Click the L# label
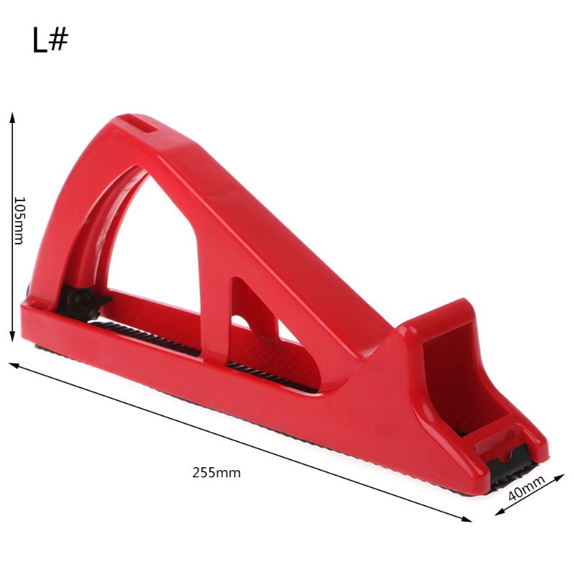[50, 41]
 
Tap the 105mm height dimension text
[19, 221]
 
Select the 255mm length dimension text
[216, 473]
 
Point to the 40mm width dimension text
[526, 491]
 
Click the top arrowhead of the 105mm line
[12, 116]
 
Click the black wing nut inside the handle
[81, 302]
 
